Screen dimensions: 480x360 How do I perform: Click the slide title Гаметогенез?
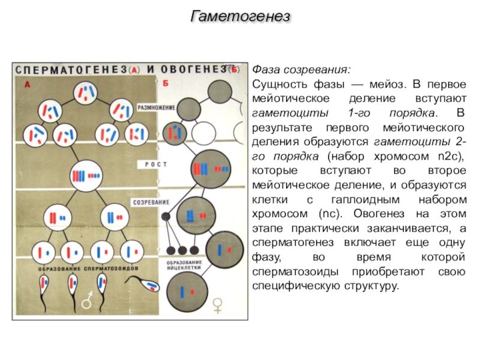240,16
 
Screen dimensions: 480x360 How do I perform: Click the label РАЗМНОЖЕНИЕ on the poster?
157,107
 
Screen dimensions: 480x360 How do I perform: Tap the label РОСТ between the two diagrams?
155,164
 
